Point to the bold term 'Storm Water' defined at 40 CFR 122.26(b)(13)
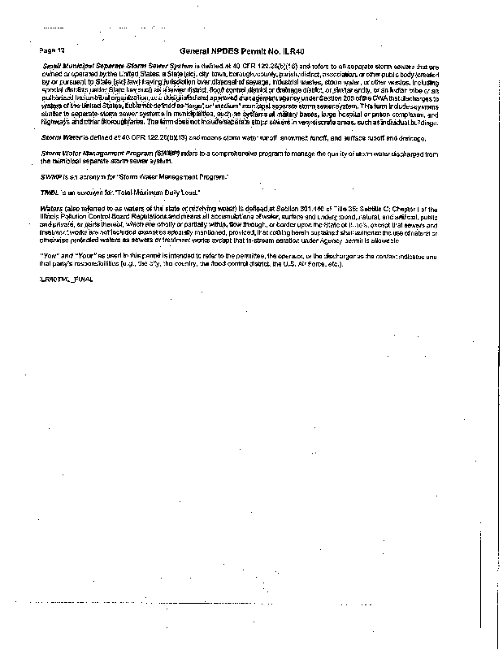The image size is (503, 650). pos(57,138)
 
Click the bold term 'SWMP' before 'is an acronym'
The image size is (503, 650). pos(51,175)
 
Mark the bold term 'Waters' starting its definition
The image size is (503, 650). pos(52,209)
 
